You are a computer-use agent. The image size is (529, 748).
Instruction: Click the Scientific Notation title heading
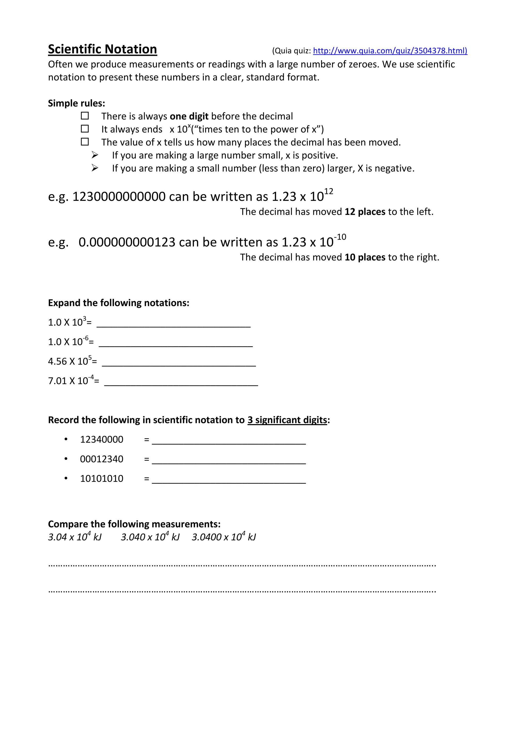click(102, 50)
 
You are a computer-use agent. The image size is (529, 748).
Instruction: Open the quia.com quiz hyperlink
click(390, 51)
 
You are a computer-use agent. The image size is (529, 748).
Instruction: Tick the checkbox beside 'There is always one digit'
click(85, 116)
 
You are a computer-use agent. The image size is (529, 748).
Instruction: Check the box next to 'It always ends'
click(85, 129)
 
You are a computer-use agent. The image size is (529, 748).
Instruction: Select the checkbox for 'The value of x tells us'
click(85, 142)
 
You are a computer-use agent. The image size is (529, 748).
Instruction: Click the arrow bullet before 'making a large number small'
click(95, 155)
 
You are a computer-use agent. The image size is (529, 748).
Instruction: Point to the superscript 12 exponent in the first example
click(329, 192)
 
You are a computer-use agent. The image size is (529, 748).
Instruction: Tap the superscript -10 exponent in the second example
click(340, 237)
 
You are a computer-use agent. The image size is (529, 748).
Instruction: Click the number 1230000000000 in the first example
click(119, 197)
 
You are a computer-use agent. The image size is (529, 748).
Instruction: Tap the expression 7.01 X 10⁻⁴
click(73, 380)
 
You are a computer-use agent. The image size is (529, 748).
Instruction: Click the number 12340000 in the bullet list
click(102, 440)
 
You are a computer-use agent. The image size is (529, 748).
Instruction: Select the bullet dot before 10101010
click(66, 478)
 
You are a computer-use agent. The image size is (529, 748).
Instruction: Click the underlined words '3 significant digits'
click(287, 420)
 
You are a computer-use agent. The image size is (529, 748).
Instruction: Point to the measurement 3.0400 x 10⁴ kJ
click(224, 537)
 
